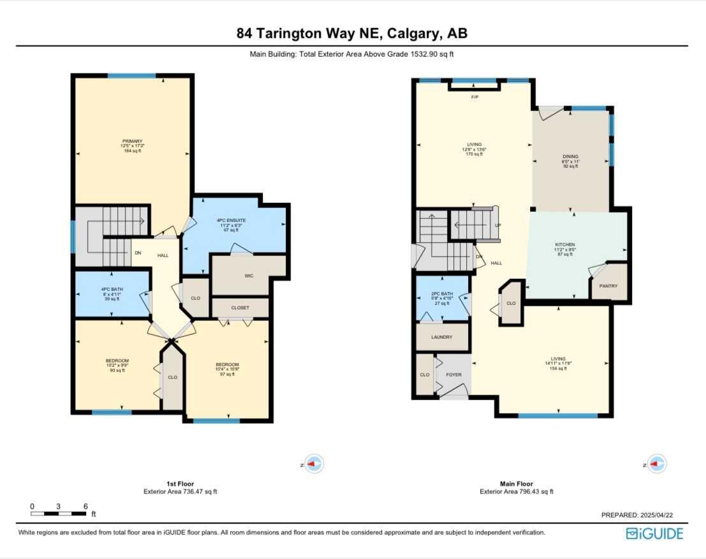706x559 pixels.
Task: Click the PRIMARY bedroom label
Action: [x=133, y=141]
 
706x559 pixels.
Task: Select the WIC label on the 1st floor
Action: [x=249, y=276]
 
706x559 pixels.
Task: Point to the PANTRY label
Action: [x=608, y=286]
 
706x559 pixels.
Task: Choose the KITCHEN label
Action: [x=565, y=244]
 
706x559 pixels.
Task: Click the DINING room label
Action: [x=570, y=156]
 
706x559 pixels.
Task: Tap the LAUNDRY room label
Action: [x=441, y=337]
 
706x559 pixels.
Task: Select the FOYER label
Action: [x=454, y=375]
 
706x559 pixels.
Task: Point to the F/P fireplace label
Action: [x=474, y=97]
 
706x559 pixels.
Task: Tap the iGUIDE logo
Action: [x=654, y=533]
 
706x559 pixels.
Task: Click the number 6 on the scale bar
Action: [x=85, y=506]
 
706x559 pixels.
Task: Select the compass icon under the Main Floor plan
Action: [x=657, y=465]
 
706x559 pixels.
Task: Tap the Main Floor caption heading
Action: [x=516, y=484]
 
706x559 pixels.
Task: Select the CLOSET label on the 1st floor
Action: [x=240, y=308]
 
